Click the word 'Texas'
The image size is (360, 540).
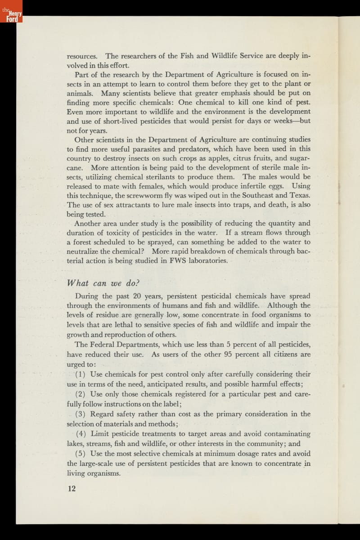coord(297,195)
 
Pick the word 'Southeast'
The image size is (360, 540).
coord(255,195)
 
